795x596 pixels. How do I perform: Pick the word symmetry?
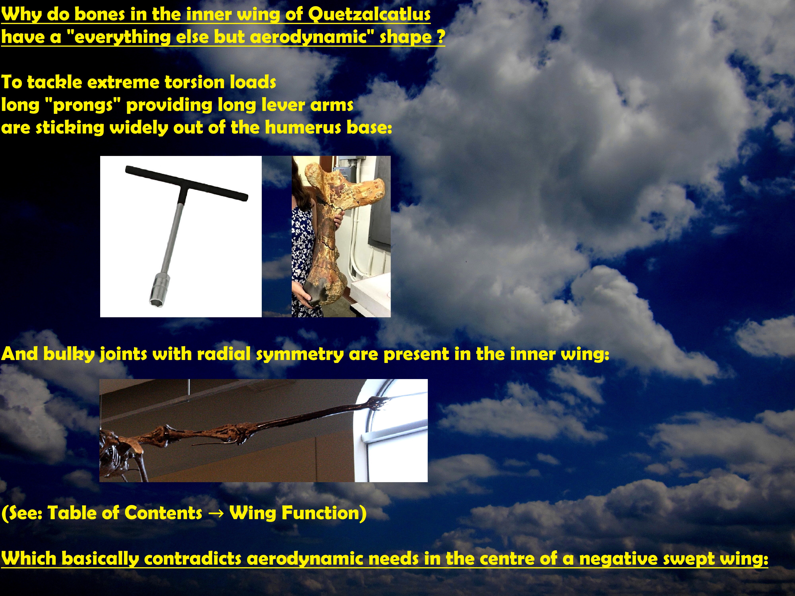point(300,355)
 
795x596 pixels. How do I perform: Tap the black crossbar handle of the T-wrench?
point(187,183)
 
